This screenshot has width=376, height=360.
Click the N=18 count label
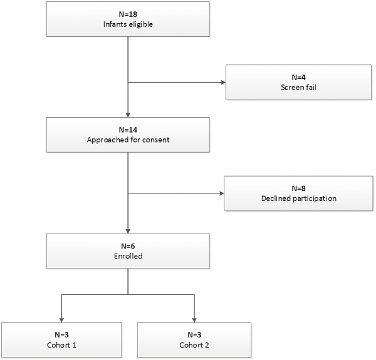click(x=128, y=14)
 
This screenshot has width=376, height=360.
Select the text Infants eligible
click(x=128, y=24)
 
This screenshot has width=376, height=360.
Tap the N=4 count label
click(x=298, y=78)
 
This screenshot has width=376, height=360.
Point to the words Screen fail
click(x=298, y=88)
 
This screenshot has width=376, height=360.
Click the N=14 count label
click(x=128, y=130)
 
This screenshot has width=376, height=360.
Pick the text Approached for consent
click(x=128, y=140)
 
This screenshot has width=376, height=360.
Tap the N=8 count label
click(x=298, y=188)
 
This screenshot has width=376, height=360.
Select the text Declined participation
click(x=299, y=198)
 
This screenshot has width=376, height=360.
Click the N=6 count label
click(x=128, y=246)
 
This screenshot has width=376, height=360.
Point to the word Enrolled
click(x=128, y=256)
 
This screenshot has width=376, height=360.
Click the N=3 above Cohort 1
click(x=61, y=335)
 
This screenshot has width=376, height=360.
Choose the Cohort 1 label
click(x=61, y=345)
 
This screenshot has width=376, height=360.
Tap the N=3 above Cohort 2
click(x=194, y=335)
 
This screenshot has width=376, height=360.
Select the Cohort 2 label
click(x=194, y=345)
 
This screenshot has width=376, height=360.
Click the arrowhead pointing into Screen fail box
click(x=224, y=83)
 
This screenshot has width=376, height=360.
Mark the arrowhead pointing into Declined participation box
click(x=222, y=193)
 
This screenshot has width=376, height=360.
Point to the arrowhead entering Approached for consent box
click(x=128, y=115)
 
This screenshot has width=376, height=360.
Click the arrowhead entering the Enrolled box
click(x=128, y=231)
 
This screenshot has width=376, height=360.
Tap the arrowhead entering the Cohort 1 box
click(x=61, y=320)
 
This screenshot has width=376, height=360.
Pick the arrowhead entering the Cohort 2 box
click(x=194, y=320)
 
